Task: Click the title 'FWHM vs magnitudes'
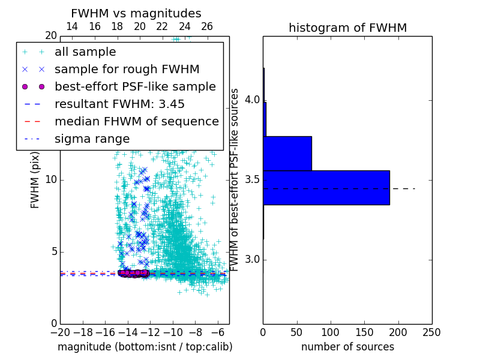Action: point(136,13)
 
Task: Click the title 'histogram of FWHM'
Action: point(347,28)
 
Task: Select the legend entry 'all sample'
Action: point(85,52)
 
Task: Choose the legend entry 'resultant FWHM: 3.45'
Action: point(119,104)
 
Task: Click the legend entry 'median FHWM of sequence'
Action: point(136,121)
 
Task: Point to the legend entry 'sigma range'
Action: point(92,139)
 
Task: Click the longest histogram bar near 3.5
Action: point(326,187)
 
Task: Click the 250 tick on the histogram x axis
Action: point(431,332)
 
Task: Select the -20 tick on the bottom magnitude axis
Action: point(60,332)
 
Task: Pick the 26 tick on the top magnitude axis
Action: point(207,27)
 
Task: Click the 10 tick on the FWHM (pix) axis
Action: point(51,179)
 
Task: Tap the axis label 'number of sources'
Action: point(347,347)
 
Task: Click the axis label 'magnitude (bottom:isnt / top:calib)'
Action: point(145,347)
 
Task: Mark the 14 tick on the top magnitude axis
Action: point(71,27)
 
